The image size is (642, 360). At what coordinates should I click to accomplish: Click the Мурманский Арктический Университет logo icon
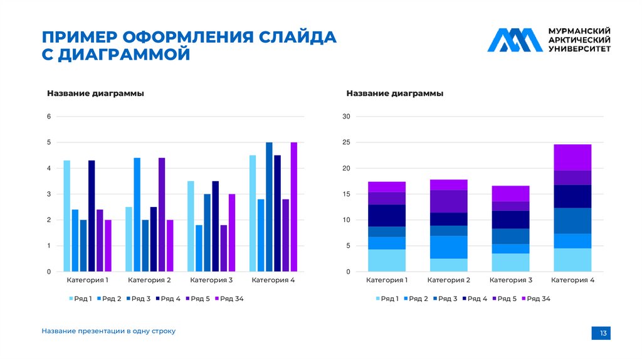pos(515,40)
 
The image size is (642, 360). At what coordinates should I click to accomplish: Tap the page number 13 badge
pos(603,333)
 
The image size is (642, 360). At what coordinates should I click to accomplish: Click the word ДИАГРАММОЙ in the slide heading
pos(126,55)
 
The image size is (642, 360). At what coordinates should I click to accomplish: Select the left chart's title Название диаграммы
pos(95,93)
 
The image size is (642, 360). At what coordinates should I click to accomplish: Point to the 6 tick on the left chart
pos(49,117)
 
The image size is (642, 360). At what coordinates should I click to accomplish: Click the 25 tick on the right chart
pos(346,142)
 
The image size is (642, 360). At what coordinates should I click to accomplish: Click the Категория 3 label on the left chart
pos(211,280)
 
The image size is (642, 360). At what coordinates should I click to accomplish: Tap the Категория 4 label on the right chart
pos(572,280)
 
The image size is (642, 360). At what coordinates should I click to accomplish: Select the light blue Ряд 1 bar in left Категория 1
pos(67,216)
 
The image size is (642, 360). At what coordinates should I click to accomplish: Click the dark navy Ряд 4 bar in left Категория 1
pos(92,216)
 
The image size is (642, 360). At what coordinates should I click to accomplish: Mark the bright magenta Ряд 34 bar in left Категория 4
pos(293,207)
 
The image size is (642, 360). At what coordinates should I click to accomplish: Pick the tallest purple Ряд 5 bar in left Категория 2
pos(162,214)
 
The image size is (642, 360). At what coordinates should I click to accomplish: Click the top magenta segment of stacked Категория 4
pos(572,157)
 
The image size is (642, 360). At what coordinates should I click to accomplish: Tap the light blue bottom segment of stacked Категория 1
pos(387,260)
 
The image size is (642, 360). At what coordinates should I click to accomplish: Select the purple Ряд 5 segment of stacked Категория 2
pos(448,201)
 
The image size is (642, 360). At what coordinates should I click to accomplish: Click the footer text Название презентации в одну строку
pos(108,331)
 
